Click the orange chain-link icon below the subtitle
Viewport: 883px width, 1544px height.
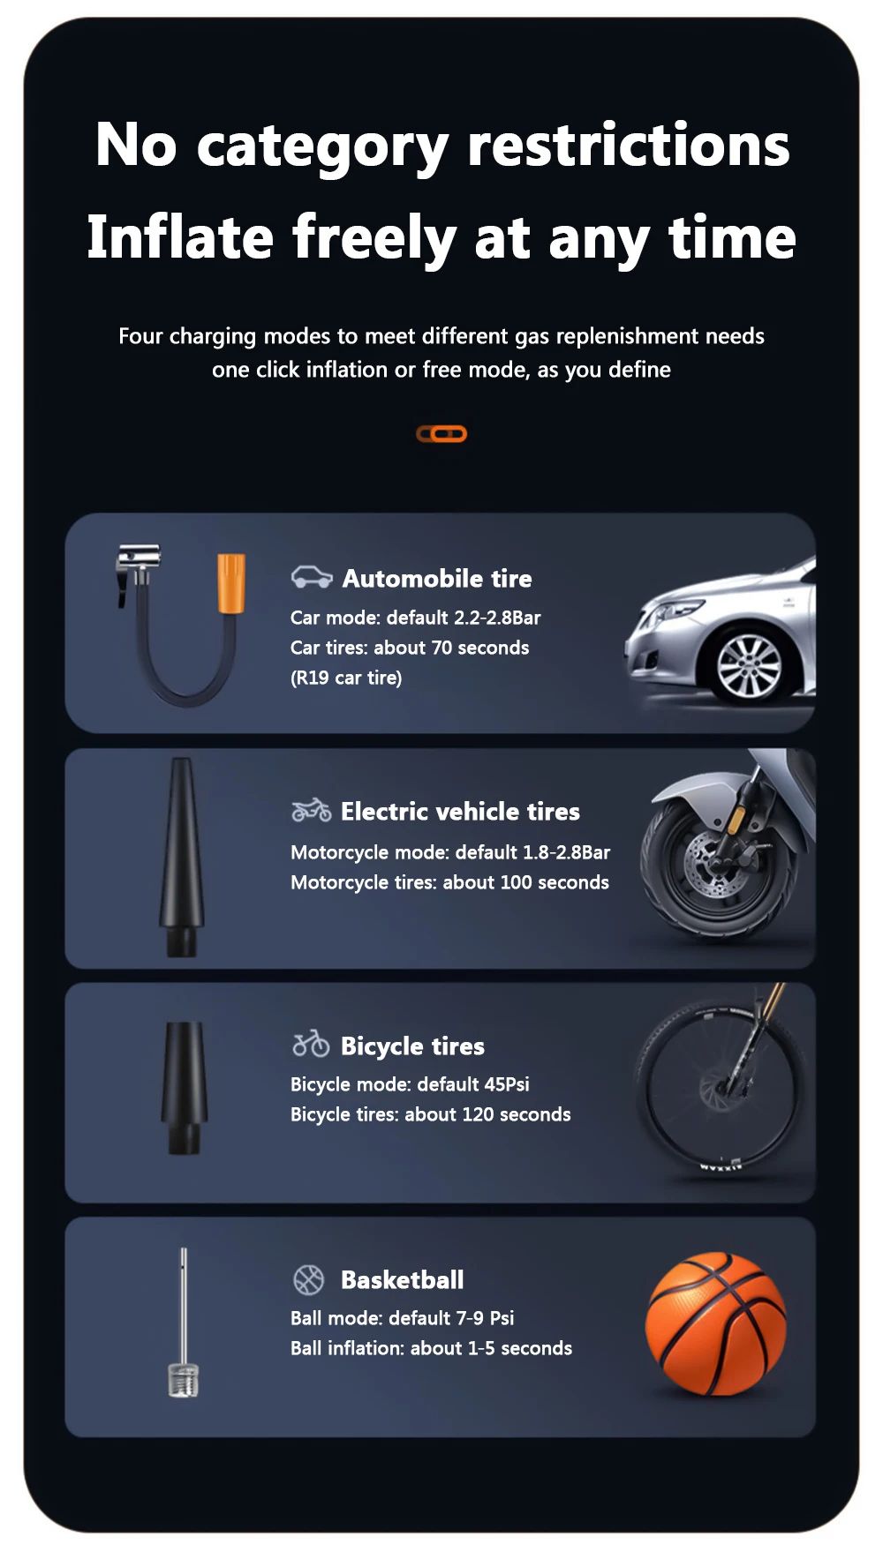point(441,433)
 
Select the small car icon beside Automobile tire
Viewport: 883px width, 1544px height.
point(312,577)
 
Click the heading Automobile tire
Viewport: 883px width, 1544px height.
point(437,578)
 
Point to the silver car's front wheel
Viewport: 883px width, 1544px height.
point(749,663)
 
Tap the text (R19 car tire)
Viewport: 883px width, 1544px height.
point(346,678)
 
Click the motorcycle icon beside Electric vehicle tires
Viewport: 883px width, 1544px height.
point(312,810)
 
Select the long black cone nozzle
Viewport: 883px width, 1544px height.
point(182,857)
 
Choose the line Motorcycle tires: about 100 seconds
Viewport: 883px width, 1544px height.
point(449,882)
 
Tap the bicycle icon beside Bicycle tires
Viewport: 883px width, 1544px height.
point(311,1044)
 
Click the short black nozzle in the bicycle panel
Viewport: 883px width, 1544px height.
point(184,1087)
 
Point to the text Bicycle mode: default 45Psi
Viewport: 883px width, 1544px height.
point(410,1084)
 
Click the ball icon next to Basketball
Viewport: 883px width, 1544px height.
point(308,1279)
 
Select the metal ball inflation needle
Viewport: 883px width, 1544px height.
point(184,1323)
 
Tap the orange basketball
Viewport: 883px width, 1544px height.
point(716,1323)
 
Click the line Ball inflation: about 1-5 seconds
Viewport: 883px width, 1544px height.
point(431,1348)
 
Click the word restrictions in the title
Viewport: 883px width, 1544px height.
point(629,145)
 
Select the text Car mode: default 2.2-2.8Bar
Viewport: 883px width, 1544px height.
point(415,618)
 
